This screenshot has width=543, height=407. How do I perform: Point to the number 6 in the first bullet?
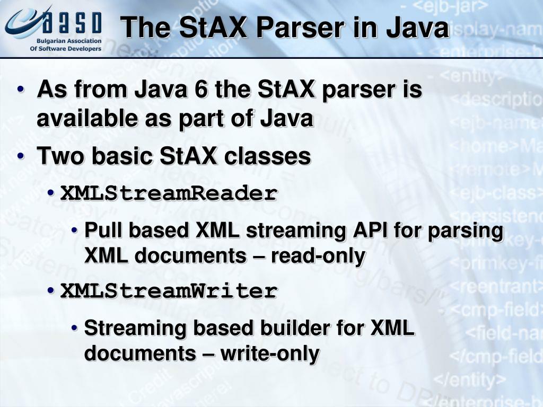point(200,90)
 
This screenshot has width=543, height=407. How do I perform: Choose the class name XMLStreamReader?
point(169,194)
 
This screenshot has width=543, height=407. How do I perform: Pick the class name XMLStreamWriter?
point(169,291)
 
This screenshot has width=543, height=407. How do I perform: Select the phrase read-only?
point(318,256)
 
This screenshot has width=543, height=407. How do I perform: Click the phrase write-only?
point(270,353)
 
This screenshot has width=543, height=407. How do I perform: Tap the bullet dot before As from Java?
point(20,90)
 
